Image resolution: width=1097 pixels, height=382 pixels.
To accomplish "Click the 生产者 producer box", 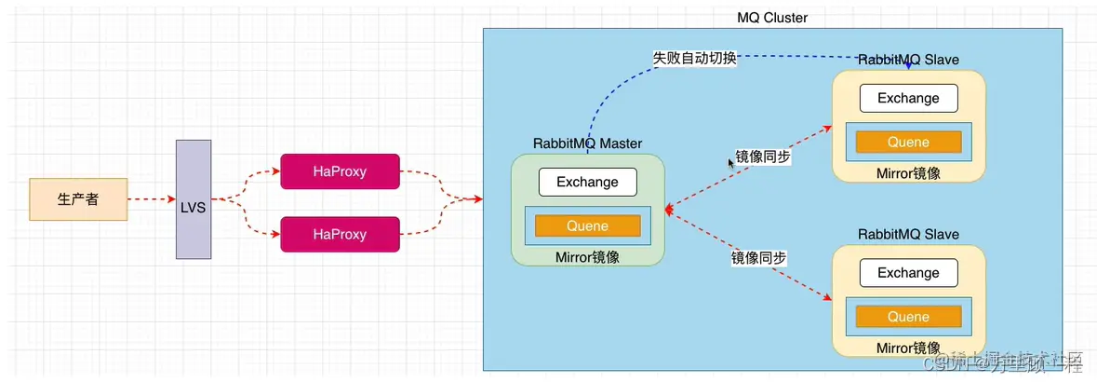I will tap(78, 199).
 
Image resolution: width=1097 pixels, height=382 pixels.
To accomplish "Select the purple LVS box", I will tap(194, 199).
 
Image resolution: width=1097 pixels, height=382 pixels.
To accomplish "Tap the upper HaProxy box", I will tap(340, 171).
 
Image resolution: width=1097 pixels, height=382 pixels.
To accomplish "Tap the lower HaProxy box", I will tap(340, 235).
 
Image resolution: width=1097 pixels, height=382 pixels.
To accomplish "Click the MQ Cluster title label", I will tap(771, 18).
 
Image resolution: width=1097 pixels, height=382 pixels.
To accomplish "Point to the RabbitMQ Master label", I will tap(587, 143).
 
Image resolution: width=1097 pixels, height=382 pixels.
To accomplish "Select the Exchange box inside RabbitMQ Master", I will tap(587, 182).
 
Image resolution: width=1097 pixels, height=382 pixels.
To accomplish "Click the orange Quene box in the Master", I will tap(587, 225).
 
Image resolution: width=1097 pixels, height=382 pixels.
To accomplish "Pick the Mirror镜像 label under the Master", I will tap(587, 257).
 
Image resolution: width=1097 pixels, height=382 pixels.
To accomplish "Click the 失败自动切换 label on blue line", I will tap(694, 58).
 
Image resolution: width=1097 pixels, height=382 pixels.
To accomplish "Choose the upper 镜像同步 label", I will tap(763, 157).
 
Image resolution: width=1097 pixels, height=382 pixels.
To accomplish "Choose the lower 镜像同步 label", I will tap(758, 257).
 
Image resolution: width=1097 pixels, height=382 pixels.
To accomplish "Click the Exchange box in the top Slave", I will tap(908, 98).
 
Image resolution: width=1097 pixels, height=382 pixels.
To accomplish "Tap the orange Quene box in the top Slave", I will tap(908, 142).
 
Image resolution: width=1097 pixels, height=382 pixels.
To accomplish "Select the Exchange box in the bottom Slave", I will tap(908, 273).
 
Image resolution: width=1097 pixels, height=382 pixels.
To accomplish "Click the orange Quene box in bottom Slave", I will tap(908, 317).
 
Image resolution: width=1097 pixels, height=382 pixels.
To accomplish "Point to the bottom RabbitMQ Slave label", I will tap(908, 234).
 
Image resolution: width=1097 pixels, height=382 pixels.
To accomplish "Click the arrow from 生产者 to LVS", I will tap(152, 199).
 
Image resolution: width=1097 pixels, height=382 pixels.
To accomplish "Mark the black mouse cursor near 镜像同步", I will tap(731, 163).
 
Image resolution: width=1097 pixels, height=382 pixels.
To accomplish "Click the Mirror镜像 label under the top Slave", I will tap(908, 173).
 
